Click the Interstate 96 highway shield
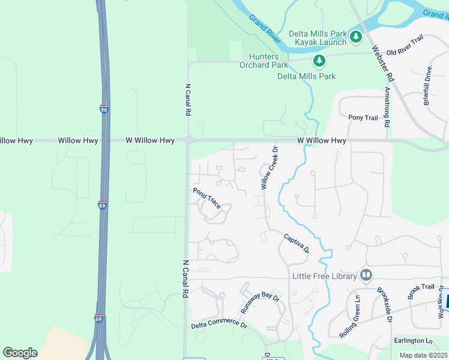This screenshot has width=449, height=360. click(104, 110)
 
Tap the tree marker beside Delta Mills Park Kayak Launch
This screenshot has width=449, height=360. click(356, 37)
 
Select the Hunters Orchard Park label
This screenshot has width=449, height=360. click(264, 61)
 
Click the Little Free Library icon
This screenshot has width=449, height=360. click(366, 275)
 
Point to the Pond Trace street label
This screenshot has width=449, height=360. click(206, 199)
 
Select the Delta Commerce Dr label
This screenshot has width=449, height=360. click(219, 325)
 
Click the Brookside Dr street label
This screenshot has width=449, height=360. click(385, 304)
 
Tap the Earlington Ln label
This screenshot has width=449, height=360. click(413, 341)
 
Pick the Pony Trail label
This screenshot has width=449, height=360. click(363, 118)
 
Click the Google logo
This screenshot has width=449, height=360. click(20, 353)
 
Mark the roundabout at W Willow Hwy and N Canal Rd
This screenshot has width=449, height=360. click(188, 140)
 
